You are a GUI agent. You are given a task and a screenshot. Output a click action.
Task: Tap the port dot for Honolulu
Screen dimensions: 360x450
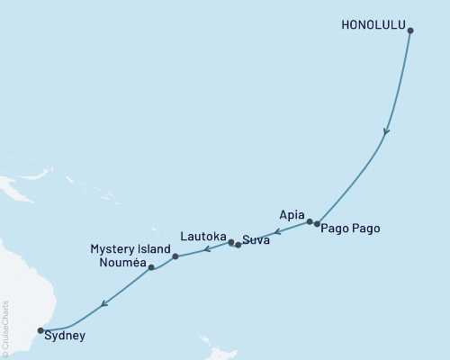coord(410,31)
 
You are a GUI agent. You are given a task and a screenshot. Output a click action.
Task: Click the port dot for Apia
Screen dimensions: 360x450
coord(310,221)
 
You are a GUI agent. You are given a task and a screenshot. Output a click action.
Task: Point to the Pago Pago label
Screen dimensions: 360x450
coord(350,229)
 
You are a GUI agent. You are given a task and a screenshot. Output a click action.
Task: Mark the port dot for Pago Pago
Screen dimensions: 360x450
coord(317,223)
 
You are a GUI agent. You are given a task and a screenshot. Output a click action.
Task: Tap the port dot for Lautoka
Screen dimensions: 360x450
coord(231,242)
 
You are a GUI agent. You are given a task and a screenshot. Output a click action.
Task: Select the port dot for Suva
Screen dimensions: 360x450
coord(238,244)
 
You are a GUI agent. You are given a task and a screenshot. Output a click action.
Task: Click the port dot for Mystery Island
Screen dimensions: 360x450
coord(175,256)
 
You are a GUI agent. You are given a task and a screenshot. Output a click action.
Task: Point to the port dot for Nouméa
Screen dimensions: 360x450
coord(151,267)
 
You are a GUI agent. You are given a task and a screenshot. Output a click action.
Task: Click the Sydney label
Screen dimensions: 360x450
coord(65,336)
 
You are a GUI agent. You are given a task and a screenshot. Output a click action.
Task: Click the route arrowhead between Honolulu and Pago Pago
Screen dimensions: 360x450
coord(387,131)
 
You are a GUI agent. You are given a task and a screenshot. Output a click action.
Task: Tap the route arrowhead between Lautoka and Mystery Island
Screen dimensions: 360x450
coord(206,249)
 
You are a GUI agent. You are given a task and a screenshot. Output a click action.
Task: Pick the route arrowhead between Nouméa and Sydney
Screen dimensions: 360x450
coord(104,303)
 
